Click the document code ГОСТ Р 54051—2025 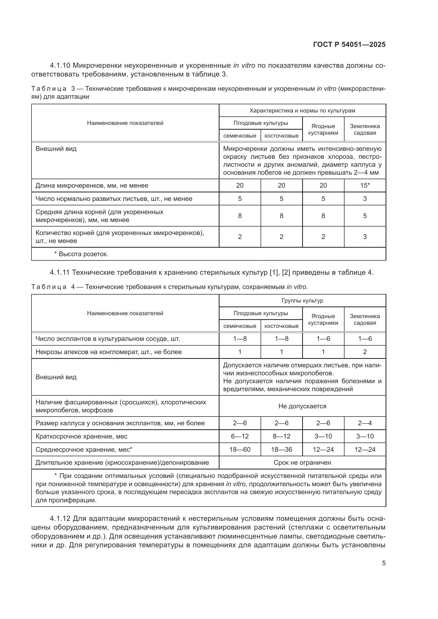(349, 45)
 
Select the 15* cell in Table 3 (365, 186)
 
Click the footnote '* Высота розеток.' (81, 254)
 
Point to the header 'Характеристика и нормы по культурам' (302, 111)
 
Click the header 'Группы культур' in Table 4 (302, 301)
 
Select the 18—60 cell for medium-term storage (240, 449)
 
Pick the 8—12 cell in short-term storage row (281, 436)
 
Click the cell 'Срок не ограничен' (302, 463)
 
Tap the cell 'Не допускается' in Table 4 (302, 406)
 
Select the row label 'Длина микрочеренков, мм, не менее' (92, 186)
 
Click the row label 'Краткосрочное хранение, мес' (82, 436)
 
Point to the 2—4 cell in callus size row (365, 423)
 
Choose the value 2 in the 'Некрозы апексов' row (365, 352)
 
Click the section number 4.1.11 (60, 273)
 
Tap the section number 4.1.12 (60, 518)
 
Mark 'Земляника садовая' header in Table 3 (365, 129)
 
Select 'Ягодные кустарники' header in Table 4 (323, 319)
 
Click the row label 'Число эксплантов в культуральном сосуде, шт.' (108, 339)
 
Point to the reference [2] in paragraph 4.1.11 (286, 273)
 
